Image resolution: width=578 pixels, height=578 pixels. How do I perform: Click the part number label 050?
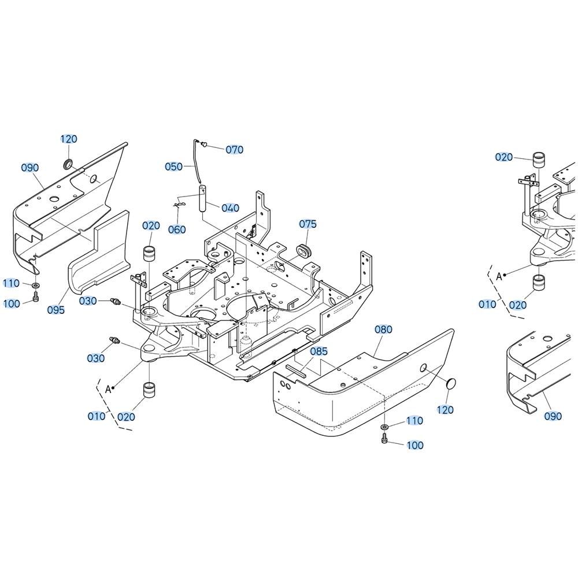click(173, 166)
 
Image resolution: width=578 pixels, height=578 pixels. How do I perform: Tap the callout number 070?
click(234, 150)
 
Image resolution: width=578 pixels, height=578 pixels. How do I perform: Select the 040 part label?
click(229, 208)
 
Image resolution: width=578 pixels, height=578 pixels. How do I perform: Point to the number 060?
click(177, 229)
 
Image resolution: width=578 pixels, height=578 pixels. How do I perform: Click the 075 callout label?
click(308, 224)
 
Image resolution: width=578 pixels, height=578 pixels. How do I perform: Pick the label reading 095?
click(56, 310)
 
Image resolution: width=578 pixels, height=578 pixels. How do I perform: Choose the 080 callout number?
click(383, 329)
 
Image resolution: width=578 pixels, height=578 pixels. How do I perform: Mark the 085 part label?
click(318, 351)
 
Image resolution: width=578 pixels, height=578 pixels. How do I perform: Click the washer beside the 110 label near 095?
click(36, 285)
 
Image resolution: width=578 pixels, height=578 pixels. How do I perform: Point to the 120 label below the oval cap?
click(445, 410)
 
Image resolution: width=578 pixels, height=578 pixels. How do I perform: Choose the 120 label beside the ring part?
click(69, 139)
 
